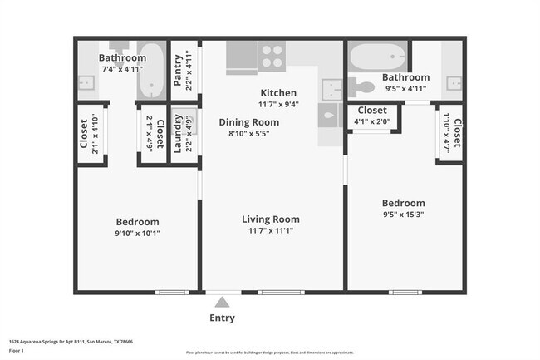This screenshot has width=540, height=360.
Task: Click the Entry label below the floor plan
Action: (222, 318)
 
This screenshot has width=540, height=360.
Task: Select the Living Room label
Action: (270, 219)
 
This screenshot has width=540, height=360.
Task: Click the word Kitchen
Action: (278, 93)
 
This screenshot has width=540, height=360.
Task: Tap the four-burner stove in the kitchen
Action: (272, 57)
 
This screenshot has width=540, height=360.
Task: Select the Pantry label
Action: (179, 71)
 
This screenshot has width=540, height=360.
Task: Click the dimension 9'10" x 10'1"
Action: (137, 234)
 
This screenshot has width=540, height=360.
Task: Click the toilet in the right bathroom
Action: (362, 86)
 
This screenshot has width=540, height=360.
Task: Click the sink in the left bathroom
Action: (86, 83)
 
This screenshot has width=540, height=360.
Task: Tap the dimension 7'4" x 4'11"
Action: (122, 69)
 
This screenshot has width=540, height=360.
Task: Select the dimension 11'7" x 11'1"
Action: (270, 231)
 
